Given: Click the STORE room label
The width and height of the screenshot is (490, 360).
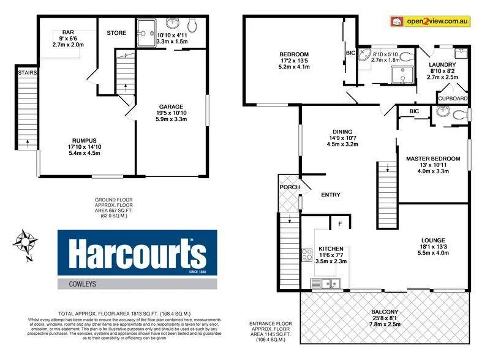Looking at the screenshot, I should click(116, 32).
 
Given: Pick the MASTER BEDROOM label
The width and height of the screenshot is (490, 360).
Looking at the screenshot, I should click(433, 159).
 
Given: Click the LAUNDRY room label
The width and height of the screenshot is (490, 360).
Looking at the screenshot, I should click(442, 64).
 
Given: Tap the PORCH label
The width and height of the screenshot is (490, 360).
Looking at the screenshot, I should click(288, 187).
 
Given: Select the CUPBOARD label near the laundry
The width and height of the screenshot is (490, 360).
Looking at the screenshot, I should click(453, 99).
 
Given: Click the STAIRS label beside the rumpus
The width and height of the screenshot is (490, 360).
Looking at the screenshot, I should click(27, 73).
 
